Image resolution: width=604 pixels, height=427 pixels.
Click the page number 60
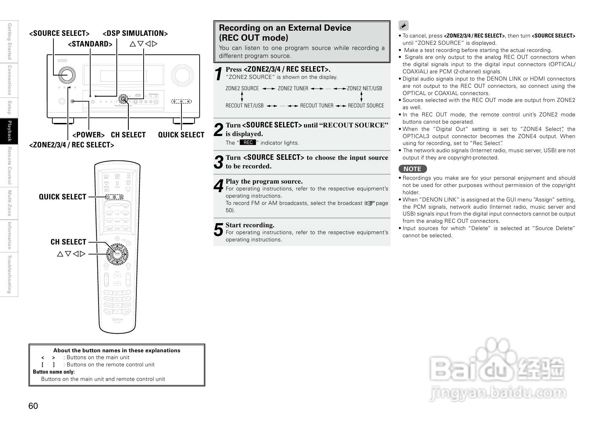(33, 406)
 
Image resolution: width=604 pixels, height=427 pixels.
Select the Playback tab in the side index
(9, 131)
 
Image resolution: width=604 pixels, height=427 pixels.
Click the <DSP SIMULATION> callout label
(135, 33)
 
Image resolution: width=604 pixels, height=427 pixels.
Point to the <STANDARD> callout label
(90, 44)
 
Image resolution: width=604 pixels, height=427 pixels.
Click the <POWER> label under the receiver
(88, 135)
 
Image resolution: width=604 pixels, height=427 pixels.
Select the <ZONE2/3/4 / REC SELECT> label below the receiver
(71, 145)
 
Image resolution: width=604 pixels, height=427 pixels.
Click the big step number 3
(219, 162)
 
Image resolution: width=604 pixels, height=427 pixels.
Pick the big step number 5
(219, 230)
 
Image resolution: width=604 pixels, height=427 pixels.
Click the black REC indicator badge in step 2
(248, 143)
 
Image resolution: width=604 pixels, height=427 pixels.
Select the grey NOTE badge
(413, 169)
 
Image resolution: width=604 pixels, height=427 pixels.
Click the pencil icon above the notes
(403, 25)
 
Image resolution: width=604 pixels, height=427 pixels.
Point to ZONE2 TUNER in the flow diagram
(293, 88)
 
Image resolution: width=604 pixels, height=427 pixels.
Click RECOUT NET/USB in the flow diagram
(244, 106)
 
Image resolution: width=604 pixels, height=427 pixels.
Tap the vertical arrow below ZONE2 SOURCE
(242, 97)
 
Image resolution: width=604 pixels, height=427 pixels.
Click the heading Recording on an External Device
(285, 28)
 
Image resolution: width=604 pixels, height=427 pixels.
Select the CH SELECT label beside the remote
(68, 242)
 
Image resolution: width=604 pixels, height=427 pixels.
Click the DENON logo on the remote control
(117, 320)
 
